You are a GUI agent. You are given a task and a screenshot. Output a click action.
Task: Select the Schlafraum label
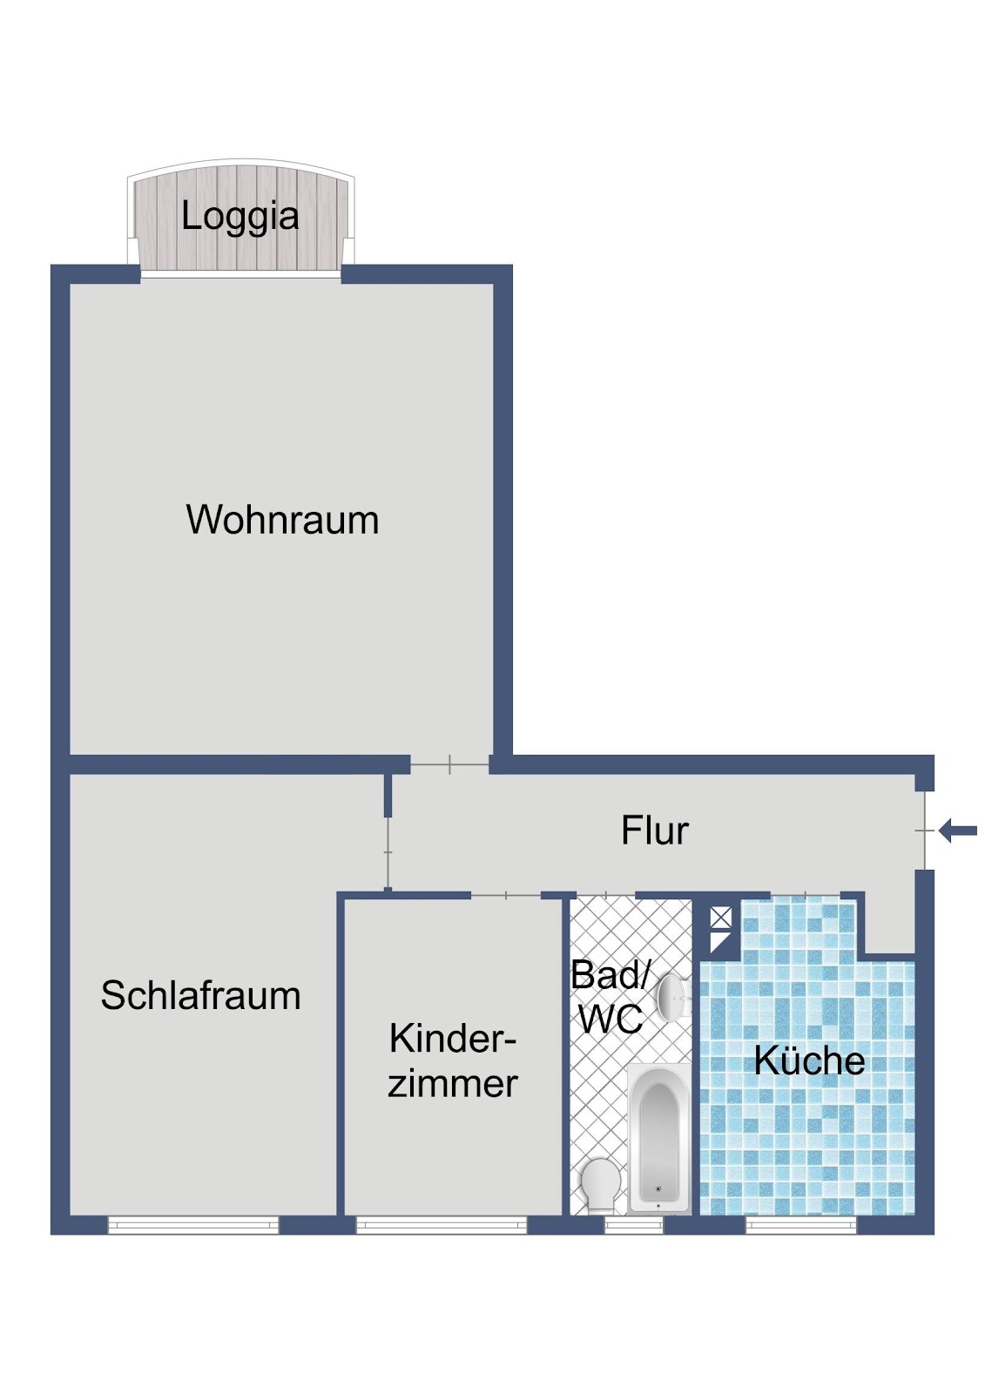[x=200, y=995]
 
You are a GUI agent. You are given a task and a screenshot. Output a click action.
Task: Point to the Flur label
[x=655, y=830]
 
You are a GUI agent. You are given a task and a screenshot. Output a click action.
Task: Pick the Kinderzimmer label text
[x=452, y=1060]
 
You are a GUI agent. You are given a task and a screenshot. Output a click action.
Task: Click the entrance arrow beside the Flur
[x=958, y=831]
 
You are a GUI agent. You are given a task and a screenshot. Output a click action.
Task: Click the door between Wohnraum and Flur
[x=449, y=764]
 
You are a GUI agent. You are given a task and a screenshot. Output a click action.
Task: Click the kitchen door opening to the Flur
[x=806, y=895]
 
